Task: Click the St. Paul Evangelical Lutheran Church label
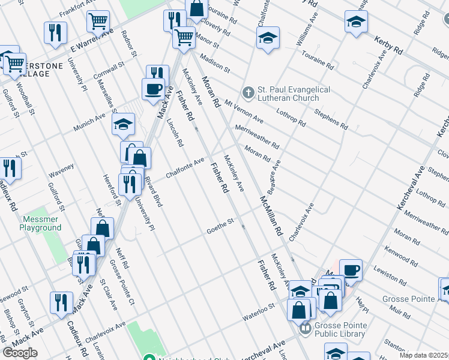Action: pos(294,94)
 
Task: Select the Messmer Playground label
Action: pos(40,224)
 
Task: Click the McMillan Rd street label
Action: pos(271,214)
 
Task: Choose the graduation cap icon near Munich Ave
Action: pos(124,124)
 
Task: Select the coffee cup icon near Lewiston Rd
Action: pos(351,269)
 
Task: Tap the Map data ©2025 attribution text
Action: pos(424,355)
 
